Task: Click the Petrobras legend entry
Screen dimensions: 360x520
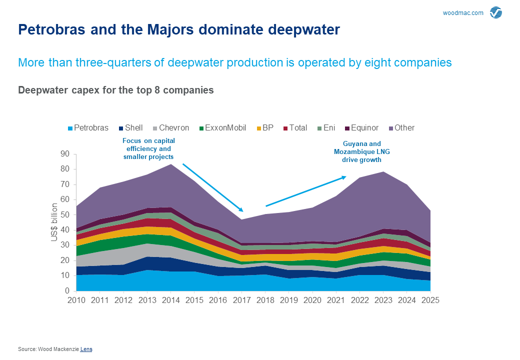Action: (87, 128)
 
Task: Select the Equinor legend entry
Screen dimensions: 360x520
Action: (361, 128)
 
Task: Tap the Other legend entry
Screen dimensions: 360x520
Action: (400, 128)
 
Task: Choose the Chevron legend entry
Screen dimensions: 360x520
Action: (170, 128)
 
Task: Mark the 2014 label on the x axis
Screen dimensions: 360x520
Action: (170, 301)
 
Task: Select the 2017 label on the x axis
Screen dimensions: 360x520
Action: (241, 301)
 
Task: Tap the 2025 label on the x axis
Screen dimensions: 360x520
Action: (430, 301)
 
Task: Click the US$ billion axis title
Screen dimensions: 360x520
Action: (54, 222)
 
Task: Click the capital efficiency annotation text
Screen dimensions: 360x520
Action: (148, 149)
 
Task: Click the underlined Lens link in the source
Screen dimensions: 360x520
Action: (86, 349)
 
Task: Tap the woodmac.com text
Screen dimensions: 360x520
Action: (463, 13)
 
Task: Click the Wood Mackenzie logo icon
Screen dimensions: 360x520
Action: (496, 13)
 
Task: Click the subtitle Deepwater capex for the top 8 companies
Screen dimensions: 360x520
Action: (116, 90)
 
